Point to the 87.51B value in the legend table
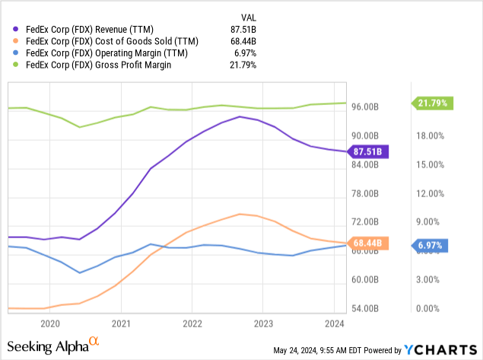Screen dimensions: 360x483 tap(241, 30)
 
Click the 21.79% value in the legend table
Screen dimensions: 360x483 tap(241, 65)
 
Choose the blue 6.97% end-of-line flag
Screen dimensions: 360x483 tap(432, 245)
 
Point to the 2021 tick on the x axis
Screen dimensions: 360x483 tap(120, 323)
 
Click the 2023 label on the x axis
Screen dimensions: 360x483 tap(262, 323)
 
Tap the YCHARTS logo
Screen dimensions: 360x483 tap(440, 350)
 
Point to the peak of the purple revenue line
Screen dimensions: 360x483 tap(240, 116)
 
